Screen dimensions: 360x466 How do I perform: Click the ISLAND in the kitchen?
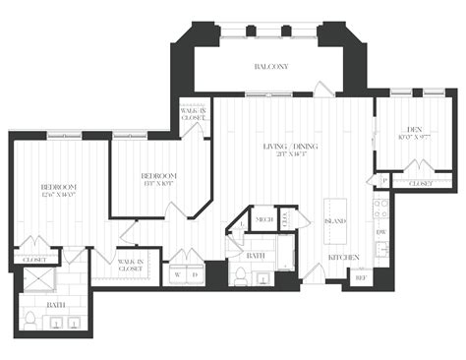(x=334, y=220)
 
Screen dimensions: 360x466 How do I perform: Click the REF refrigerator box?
(x=361, y=277)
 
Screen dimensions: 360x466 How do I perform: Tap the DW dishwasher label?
(x=380, y=232)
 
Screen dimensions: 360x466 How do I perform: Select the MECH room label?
(x=264, y=219)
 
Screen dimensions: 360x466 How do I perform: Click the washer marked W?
(x=176, y=274)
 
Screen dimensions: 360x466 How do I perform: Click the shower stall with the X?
(x=35, y=280)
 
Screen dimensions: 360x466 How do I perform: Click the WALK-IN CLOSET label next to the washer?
(x=130, y=264)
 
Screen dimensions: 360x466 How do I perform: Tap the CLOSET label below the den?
(x=420, y=183)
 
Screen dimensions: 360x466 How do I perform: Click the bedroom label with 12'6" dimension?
(x=59, y=191)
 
